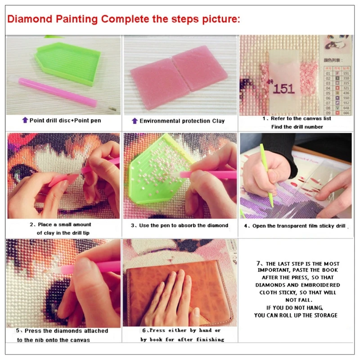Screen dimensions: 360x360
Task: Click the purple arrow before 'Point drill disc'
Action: click(25, 120)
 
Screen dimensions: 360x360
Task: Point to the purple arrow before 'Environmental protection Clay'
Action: click(134, 121)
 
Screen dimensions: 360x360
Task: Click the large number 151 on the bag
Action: click(283, 88)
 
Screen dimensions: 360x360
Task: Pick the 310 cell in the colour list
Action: click(346, 78)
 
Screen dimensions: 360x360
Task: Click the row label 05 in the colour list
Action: click(328, 93)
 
